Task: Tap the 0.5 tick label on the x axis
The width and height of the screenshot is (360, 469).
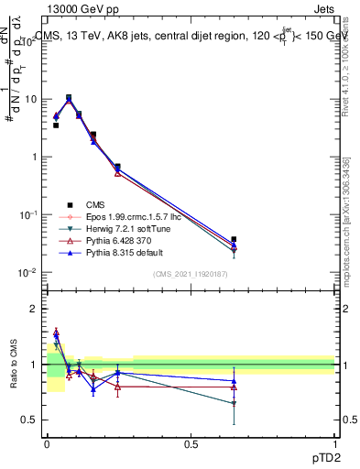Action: click(191, 444)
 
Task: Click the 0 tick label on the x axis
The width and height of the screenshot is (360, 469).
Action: click(47, 444)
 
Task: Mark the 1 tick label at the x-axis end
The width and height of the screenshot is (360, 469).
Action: click(334, 444)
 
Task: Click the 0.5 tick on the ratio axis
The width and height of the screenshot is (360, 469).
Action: click(29, 420)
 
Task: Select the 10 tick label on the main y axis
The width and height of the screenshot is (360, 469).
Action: click(30, 98)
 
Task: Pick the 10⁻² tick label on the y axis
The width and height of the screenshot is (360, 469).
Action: click(27, 272)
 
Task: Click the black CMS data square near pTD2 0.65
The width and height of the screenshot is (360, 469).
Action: click(234, 239)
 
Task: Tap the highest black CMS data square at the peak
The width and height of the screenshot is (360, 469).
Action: click(69, 97)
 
